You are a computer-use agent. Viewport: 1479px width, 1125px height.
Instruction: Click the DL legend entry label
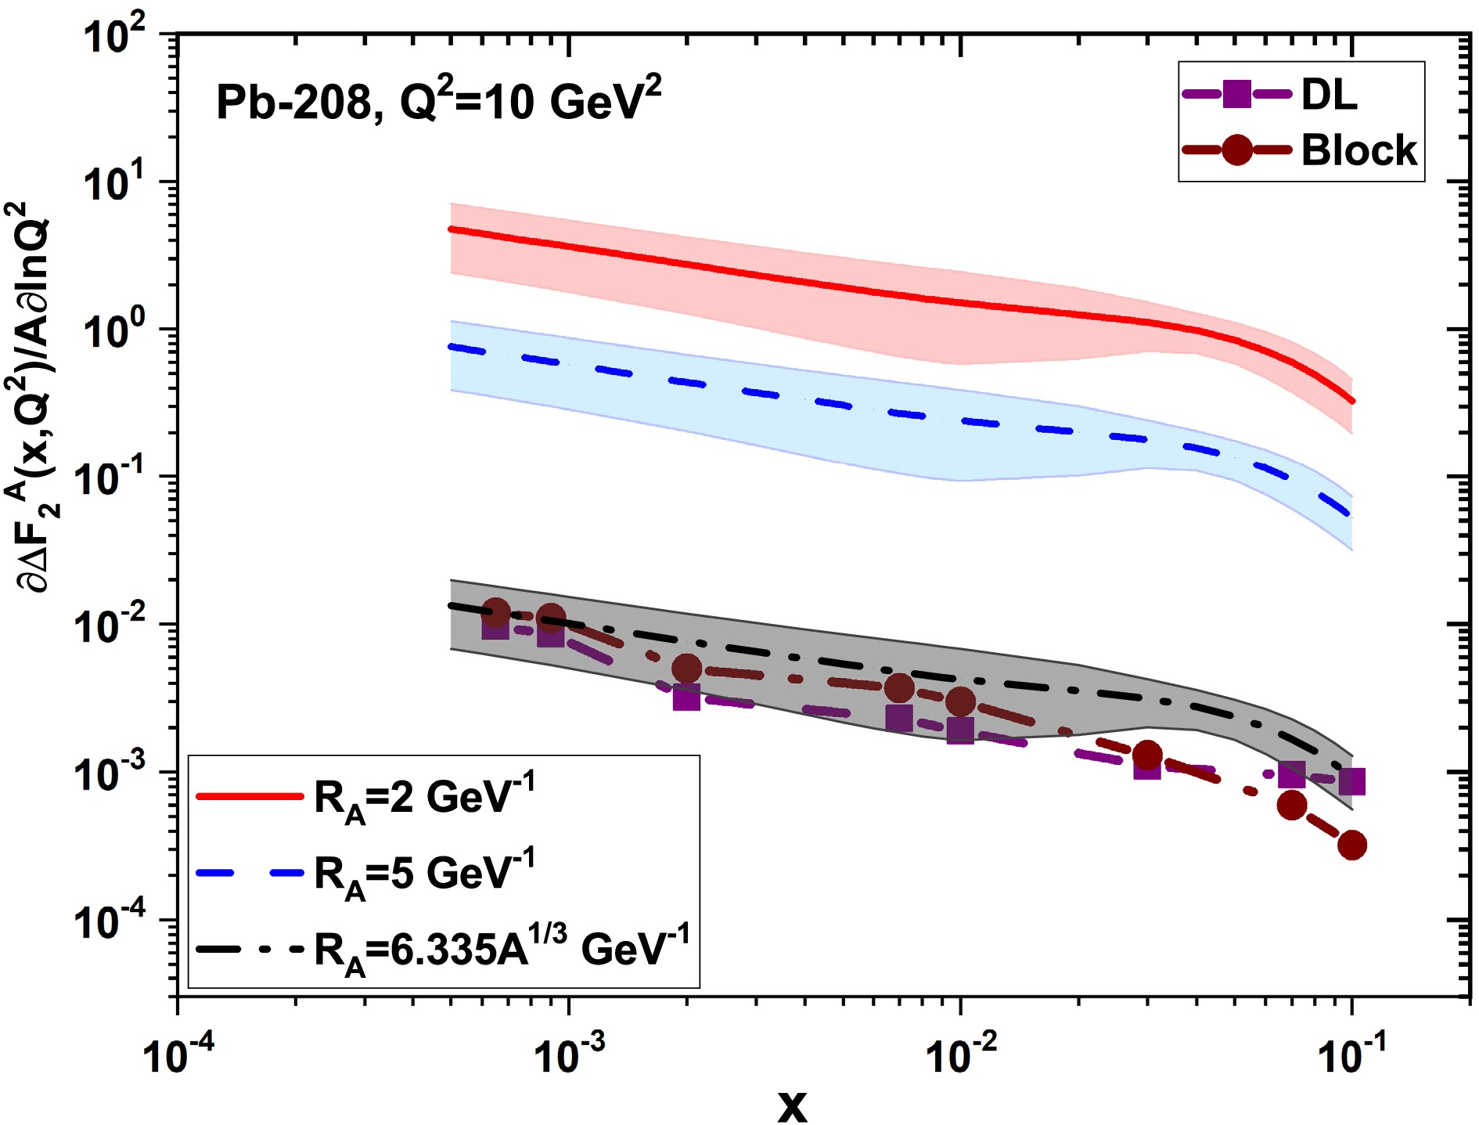tap(1329, 96)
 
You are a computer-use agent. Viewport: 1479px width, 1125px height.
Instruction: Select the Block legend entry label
tap(1358, 150)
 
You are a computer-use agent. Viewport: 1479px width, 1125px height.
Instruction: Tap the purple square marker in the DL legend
tap(1236, 94)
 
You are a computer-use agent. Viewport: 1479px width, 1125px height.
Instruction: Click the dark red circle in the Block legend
tap(1236, 150)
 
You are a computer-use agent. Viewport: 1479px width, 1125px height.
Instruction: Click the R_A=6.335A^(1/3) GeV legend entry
tap(501, 950)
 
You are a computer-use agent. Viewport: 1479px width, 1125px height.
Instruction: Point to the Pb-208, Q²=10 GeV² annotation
tap(438, 102)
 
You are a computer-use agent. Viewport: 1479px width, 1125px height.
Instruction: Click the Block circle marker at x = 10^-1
tap(1352, 846)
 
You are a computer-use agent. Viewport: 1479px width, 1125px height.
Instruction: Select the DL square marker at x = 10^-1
tap(1352, 781)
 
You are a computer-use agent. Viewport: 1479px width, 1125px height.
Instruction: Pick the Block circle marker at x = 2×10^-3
tap(686, 669)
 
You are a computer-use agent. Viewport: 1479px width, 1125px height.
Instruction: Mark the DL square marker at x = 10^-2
tap(960, 730)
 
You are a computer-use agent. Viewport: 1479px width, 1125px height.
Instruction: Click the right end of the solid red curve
tap(1352, 401)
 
